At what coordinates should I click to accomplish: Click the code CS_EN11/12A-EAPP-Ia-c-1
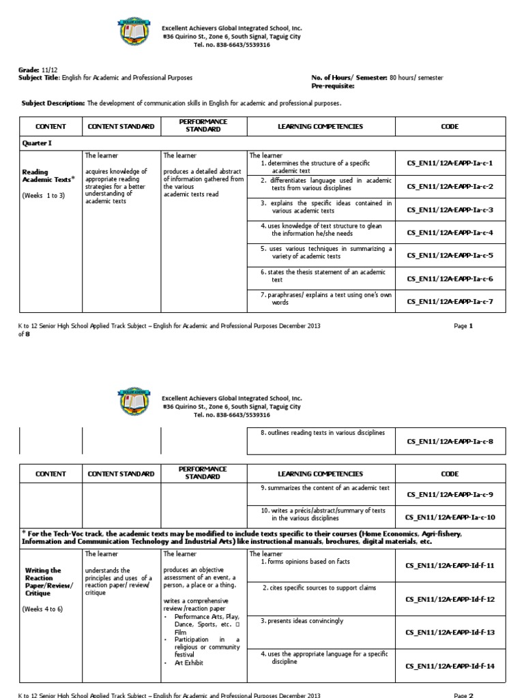[450, 164]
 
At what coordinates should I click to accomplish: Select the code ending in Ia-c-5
[450, 256]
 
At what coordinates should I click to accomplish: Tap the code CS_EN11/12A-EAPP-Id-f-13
[450, 633]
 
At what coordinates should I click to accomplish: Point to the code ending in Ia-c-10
[450, 517]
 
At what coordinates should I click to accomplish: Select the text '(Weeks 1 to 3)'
[44, 195]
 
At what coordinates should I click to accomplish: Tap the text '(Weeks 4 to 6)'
[44, 609]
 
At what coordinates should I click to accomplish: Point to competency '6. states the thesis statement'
[321, 275]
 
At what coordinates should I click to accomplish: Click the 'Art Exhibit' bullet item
[190, 663]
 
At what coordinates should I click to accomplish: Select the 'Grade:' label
[28, 70]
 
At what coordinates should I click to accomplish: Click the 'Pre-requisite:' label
[333, 86]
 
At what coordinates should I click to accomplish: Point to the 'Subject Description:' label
[54, 103]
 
